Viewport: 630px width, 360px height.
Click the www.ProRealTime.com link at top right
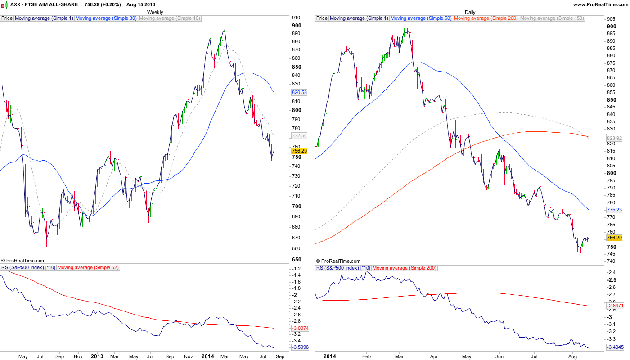601,4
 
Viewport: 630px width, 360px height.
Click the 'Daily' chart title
470,12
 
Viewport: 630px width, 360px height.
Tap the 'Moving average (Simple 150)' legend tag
552,18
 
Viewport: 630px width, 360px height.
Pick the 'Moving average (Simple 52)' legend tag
88,268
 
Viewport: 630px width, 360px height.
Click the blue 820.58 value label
299,92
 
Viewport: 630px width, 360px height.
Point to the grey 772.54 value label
299,135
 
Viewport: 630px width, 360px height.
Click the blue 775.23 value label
614,210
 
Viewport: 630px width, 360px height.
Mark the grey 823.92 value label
614,139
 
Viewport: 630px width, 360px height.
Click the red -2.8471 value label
615,306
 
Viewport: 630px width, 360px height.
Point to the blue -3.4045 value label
615,347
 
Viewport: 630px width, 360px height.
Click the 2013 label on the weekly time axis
97,356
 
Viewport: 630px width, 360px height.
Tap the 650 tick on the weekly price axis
297,260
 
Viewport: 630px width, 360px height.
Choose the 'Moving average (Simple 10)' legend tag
169,18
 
